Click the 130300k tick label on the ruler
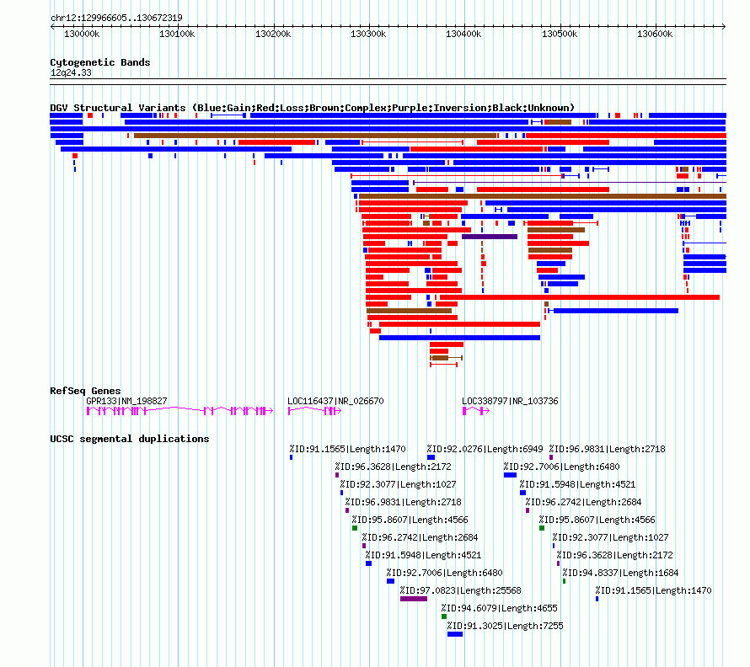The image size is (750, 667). pos(368,34)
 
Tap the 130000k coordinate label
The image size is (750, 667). pos(82,34)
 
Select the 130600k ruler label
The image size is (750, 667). pos(655,34)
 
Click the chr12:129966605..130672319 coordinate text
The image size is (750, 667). pos(116,19)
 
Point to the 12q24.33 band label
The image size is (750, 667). pos(71,72)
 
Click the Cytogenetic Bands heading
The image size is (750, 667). pos(100,62)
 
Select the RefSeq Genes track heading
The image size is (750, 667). pos(85,391)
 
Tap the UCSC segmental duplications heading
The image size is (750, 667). pos(130,439)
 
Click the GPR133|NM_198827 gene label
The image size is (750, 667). pos(126,401)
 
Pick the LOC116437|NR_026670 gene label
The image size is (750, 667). pos(335,401)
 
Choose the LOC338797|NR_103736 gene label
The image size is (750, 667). pos(510,401)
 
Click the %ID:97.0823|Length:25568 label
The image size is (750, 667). pos(461,590)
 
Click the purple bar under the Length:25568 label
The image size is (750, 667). pos(414,599)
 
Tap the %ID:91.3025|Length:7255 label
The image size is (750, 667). pos(505,626)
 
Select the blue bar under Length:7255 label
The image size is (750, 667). pos(455,634)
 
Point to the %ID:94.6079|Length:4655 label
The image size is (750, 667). pos(500,608)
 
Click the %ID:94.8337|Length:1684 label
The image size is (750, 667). pos(620,573)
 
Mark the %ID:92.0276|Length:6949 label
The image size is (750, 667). pos(485,449)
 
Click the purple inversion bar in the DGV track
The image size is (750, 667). pos(490,237)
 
